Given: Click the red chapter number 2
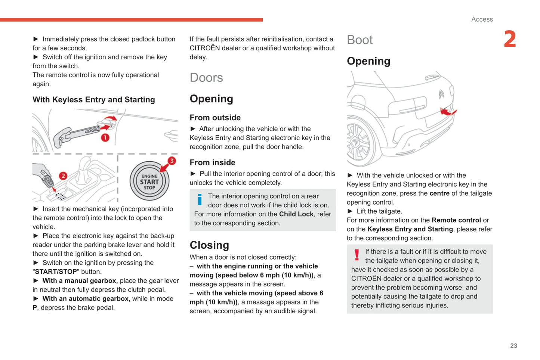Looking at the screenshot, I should (510, 39).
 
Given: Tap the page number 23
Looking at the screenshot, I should (513, 346).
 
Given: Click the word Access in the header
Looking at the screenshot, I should (482, 19).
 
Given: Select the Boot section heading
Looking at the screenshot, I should (360, 40).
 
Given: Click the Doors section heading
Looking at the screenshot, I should (206, 78).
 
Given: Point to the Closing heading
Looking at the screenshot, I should (209, 245).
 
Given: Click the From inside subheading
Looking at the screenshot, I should (212, 162).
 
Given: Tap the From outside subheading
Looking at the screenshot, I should (215, 118).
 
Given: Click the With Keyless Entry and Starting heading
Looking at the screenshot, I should (93, 100).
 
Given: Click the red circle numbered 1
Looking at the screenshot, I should (105, 137).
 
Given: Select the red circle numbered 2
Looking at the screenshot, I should (63, 176).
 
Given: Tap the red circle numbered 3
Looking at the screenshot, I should (172, 161).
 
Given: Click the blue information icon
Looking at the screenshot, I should (200, 199).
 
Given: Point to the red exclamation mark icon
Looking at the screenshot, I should (357, 255).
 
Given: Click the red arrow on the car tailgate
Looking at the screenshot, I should (447, 111).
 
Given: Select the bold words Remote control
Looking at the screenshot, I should (456, 220).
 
